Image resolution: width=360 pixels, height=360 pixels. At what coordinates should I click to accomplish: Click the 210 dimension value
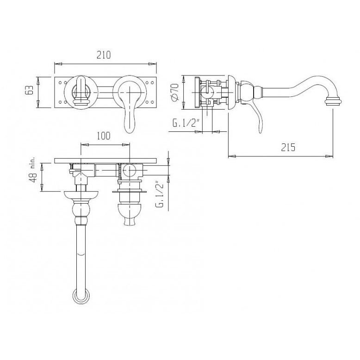[x=104, y=55]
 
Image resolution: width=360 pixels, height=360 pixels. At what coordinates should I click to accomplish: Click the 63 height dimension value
[x=30, y=90]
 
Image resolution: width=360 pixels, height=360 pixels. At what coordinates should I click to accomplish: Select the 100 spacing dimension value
[x=103, y=136]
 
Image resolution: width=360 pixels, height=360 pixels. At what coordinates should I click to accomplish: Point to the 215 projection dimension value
[x=288, y=147]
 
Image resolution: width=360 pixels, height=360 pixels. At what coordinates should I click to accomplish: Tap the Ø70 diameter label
[x=174, y=92]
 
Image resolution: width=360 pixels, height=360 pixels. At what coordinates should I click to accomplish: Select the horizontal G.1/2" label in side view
[x=185, y=123]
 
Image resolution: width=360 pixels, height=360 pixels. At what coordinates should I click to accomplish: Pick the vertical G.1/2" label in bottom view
[x=160, y=194]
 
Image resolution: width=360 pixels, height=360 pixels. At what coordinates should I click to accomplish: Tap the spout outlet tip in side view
[x=333, y=101]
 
